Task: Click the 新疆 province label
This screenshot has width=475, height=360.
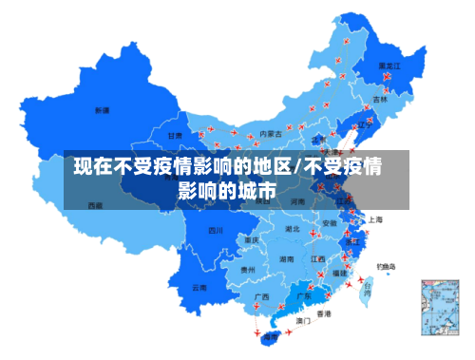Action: pos(101,111)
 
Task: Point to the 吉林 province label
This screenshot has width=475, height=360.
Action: pos(380,98)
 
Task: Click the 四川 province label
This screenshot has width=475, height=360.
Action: pos(216,230)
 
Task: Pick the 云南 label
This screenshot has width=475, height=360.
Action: pos(199,287)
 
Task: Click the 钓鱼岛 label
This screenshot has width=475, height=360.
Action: pos(387,266)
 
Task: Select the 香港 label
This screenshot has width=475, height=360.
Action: pos(324,313)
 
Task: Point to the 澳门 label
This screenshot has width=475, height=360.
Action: pos(304,321)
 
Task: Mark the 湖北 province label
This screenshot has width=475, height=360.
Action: pos(293,229)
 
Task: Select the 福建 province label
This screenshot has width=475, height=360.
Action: pos(339,273)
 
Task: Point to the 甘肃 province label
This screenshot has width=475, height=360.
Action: pos(176,136)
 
